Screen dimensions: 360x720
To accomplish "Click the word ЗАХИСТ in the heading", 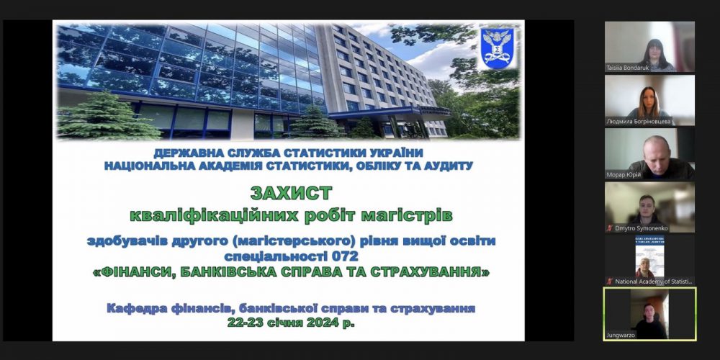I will click(292, 193).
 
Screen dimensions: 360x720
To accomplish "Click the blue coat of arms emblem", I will click(497, 48).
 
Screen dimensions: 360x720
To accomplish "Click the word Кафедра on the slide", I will click(135, 308).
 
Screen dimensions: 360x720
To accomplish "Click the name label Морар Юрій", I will click(624, 174).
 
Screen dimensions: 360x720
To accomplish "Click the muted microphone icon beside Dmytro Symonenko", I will click(610, 228).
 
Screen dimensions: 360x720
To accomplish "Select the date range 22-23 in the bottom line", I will click(243, 323).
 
